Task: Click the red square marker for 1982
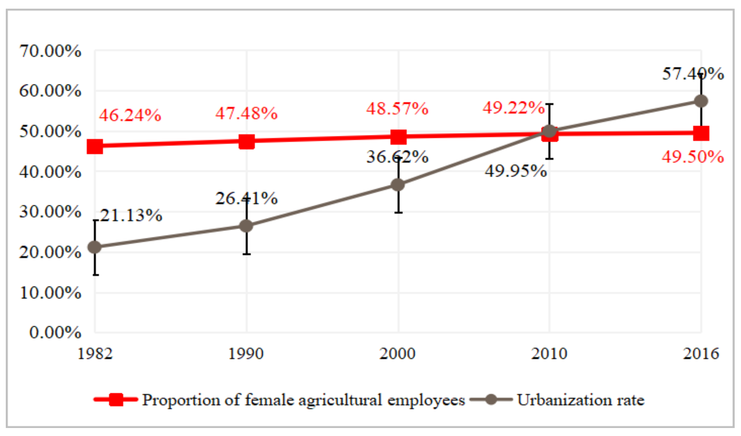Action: pyautogui.click(x=95, y=147)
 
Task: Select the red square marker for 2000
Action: pyautogui.click(x=398, y=137)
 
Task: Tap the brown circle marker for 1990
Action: pyautogui.click(x=246, y=226)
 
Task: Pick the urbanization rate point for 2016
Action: pyautogui.click(x=701, y=101)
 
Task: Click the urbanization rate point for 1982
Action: pyautogui.click(x=95, y=247)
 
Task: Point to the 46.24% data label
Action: pyautogui.click(x=130, y=115)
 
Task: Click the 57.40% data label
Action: pyautogui.click(x=693, y=74)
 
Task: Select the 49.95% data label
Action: pyautogui.click(x=516, y=171)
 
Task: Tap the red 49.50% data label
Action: pyautogui.click(x=693, y=157)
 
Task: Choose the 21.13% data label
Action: pyautogui.click(x=131, y=216)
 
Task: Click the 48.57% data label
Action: pyautogui.click(x=397, y=109)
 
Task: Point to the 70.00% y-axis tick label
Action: pyautogui.click(x=50, y=51)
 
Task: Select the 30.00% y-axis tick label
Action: pyautogui.click(x=50, y=212)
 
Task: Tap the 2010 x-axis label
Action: pyautogui.click(x=549, y=353)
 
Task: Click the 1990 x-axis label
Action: pyautogui.click(x=246, y=353)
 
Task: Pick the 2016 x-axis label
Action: pyautogui.click(x=701, y=353)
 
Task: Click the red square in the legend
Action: pyautogui.click(x=116, y=400)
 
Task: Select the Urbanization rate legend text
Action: pyautogui.click(x=581, y=400)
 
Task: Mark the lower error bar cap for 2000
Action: pyautogui.click(x=398, y=212)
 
